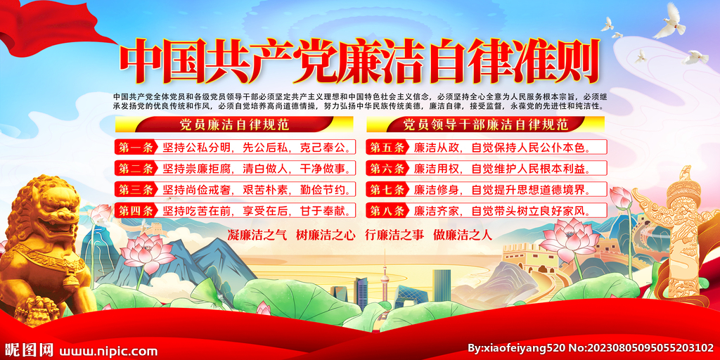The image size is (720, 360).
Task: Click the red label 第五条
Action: pyautogui.click(x=387, y=148)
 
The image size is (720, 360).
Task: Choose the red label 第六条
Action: pyautogui.click(x=387, y=168)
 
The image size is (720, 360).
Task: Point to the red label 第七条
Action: pyautogui.click(x=387, y=189)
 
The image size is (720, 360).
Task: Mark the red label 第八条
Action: pyautogui.click(x=387, y=210)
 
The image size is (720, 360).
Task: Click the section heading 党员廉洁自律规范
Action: pyautogui.click(x=234, y=125)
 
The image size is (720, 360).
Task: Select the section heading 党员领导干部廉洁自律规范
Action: pyautogui.click(x=485, y=125)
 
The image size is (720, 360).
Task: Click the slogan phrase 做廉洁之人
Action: pyautogui.click(x=462, y=235)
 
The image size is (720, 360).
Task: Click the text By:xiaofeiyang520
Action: pyautogui.click(x=515, y=348)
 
